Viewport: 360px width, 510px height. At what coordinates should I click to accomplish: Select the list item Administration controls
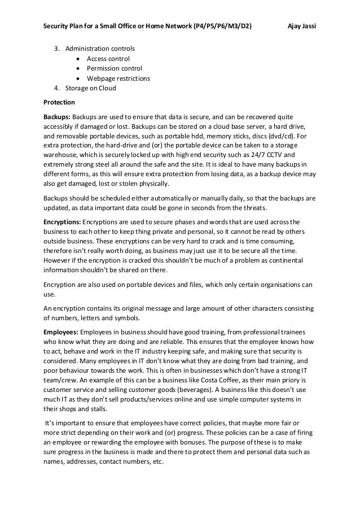pyautogui.click(x=99, y=49)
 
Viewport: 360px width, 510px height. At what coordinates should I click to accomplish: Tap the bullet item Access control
pyautogui.click(x=108, y=59)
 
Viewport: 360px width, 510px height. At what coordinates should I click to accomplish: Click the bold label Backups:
pyautogui.click(x=58, y=117)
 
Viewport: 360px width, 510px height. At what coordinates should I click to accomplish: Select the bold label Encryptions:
pyautogui.click(x=63, y=221)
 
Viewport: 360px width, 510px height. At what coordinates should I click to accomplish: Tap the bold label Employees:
pyautogui.click(x=62, y=330)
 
